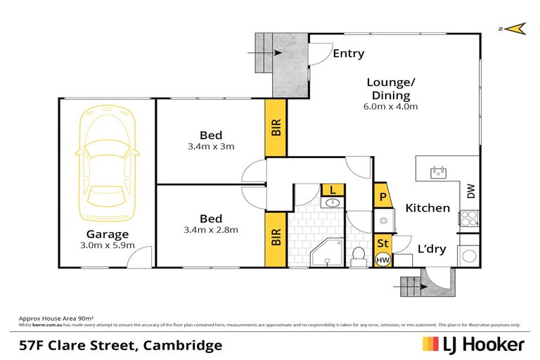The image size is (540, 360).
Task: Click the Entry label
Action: tap(348, 53)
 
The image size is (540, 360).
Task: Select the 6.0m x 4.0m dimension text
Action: tap(392, 107)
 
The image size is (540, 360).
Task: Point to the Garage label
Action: tap(107, 234)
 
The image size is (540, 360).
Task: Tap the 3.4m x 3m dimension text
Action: tap(211, 147)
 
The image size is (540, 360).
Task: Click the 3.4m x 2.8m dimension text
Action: tap(211, 229)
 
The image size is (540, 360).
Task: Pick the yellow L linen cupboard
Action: tap(333, 190)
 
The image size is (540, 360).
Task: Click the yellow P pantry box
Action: tap(383, 197)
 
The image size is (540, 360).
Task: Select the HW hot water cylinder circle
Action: tap(383, 260)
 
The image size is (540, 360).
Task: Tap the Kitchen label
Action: tap(427, 207)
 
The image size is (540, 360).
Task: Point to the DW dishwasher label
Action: tap(471, 191)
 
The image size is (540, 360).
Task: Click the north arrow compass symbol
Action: tap(516, 28)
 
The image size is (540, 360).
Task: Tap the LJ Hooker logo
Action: tap(472, 345)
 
